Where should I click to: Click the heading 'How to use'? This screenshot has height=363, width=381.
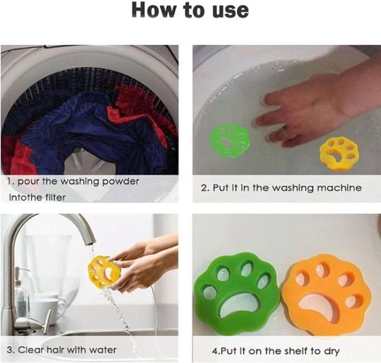190,10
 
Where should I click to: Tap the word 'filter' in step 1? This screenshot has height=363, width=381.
55,197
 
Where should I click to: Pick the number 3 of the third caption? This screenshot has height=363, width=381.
10,350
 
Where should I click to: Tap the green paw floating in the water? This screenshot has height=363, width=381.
229,140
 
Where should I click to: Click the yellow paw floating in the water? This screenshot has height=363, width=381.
339,152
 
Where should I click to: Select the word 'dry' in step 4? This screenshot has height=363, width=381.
331,352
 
